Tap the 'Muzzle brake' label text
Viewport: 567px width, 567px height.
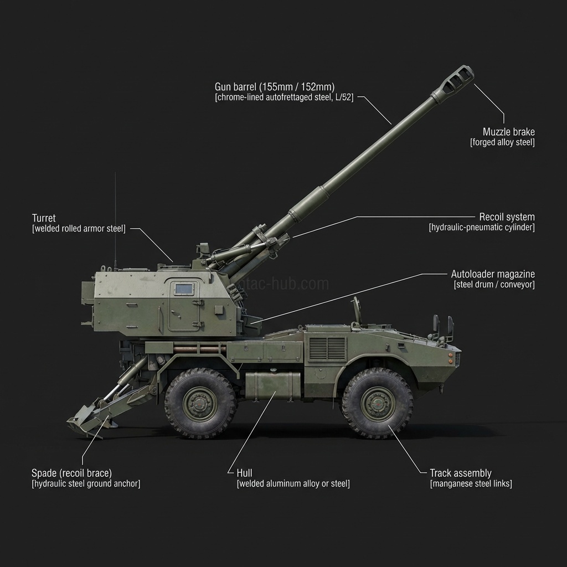[508, 132]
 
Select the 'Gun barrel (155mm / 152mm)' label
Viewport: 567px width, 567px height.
[274, 87]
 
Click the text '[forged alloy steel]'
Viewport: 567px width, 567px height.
[502, 142]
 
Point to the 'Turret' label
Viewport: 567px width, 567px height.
[44, 218]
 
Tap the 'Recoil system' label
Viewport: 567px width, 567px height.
[507, 217]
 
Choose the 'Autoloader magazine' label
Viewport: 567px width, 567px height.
[493, 274]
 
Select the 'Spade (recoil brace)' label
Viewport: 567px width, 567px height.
[71, 473]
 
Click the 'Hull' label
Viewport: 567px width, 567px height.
[244, 473]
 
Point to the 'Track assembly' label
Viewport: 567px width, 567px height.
[460, 473]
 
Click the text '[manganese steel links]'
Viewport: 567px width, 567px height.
[471, 483]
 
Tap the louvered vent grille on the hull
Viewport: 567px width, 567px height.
[327, 348]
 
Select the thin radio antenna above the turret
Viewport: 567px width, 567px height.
[115, 221]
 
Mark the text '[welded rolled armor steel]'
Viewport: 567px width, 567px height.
[79, 228]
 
